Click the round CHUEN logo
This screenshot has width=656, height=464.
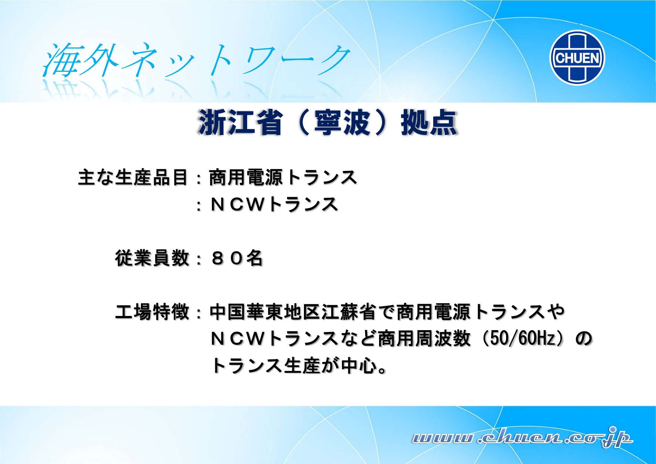[x=578, y=58]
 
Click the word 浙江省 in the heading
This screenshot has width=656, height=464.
[x=240, y=122]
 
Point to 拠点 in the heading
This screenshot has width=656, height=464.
[x=429, y=122]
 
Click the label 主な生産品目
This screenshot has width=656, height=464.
[x=133, y=177]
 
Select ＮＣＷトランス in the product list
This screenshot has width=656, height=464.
[x=274, y=204]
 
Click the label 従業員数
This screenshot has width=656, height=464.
[x=152, y=258]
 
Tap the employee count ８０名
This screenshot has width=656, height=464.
[x=237, y=258]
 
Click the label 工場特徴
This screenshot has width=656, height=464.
[x=152, y=312]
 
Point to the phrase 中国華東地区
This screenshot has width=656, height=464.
[x=265, y=312]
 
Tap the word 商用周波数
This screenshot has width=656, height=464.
[x=424, y=338]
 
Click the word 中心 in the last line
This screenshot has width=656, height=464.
[x=359, y=365]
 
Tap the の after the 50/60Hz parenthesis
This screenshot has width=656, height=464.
[x=583, y=338]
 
